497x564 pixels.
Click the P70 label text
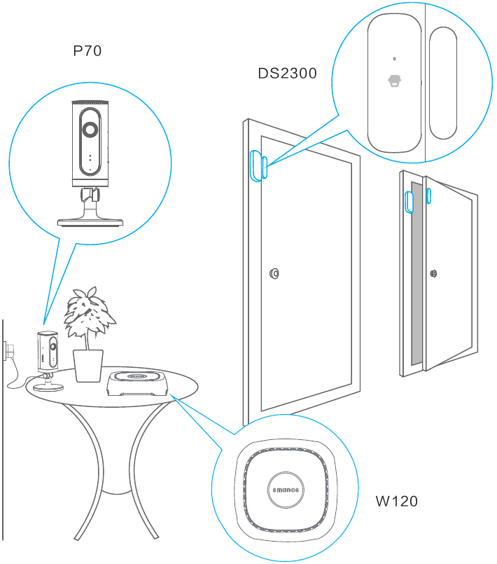click(87, 51)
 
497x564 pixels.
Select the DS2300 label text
click(287, 73)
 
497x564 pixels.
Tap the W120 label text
click(396, 501)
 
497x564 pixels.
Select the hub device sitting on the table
click(138, 383)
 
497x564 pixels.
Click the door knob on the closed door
click(274, 273)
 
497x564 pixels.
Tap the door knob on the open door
click(434, 274)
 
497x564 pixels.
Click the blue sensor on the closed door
click(256, 165)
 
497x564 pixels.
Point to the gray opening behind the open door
click(416, 273)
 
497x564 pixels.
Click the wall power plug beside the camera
click(10, 348)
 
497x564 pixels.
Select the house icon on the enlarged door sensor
click(395, 81)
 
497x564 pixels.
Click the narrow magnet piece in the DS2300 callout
click(442, 83)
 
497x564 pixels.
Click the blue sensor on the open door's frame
click(409, 201)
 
